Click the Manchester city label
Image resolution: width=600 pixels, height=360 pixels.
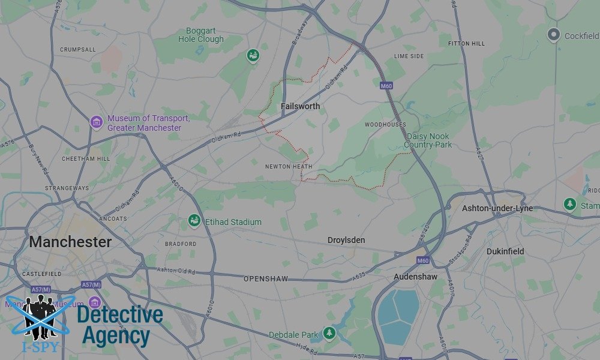[x=70, y=242]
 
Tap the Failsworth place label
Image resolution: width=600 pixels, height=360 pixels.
[x=300, y=107]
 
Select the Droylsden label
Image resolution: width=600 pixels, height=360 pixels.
[x=346, y=240]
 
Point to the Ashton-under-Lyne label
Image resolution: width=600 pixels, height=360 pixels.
[x=497, y=208]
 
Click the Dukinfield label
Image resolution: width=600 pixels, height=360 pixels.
[x=505, y=251]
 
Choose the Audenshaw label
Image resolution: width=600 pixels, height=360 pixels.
[x=415, y=277]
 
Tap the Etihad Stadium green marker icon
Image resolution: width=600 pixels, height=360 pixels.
[x=194, y=221]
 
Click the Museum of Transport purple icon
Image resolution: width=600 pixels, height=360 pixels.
[x=97, y=122]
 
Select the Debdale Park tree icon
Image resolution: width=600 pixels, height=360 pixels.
[x=329, y=333]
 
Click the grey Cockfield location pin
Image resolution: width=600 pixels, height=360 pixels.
[x=554, y=35]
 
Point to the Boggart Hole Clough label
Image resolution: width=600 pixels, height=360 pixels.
[x=201, y=35]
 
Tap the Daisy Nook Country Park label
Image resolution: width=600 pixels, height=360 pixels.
[x=427, y=141]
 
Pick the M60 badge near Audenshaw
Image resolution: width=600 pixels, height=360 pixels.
[x=424, y=260]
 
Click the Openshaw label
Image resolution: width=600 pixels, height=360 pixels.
[x=266, y=279]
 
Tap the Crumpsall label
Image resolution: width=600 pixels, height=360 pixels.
[x=78, y=50]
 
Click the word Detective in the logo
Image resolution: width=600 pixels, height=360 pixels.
[x=120, y=315]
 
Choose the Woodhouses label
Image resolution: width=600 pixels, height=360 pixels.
[x=385, y=125]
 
